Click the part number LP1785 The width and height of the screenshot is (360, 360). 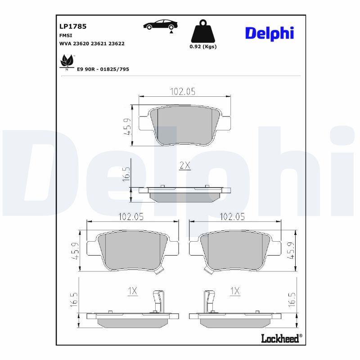73,26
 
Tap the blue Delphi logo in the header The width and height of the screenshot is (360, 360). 269,32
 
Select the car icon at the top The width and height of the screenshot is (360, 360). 160,25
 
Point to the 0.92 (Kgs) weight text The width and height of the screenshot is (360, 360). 203,46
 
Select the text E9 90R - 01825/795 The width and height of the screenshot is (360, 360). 103,69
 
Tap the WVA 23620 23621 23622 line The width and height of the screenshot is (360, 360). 92,44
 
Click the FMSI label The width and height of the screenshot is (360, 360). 66,35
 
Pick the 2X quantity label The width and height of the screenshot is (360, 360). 185,166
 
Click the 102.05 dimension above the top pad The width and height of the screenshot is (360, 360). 182,91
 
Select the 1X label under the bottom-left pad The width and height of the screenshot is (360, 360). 132,291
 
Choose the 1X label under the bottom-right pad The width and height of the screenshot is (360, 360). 234,291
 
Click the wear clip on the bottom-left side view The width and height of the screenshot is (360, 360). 157,301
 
